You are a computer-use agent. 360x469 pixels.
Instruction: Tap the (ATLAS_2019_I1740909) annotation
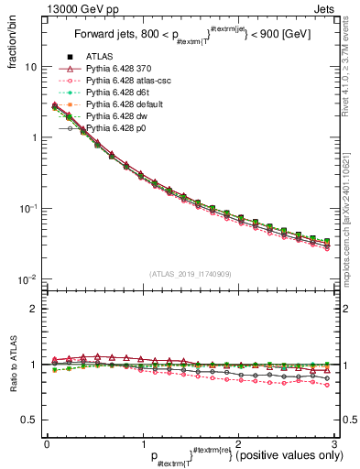[191, 273]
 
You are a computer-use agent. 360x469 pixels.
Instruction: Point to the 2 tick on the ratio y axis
[35, 309]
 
